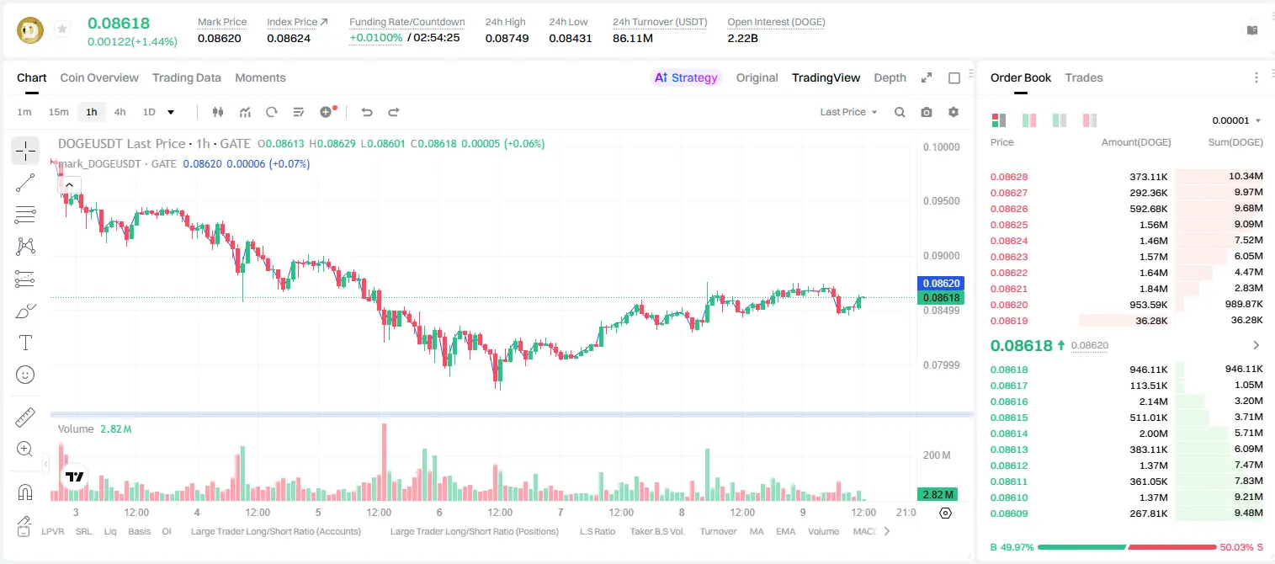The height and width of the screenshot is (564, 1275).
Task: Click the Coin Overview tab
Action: point(99,78)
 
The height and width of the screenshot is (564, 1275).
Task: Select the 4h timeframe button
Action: point(120,112)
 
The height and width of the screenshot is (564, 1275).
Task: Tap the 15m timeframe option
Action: point(59,112)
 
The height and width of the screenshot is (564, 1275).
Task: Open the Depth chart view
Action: point(890,78)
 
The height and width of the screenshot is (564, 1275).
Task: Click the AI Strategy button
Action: point(686,78)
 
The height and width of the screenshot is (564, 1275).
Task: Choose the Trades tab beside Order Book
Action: point(1084,78)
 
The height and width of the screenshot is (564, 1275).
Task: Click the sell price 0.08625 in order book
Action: point(1008,225)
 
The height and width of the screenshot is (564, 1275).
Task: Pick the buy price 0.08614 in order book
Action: point(1008,434)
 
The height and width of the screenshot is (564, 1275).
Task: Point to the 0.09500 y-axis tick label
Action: point(942,201)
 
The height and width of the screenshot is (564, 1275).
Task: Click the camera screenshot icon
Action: point(927,112)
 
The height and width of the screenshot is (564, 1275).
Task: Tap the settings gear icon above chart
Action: point(954,112)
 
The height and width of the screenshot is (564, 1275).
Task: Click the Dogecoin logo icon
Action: point(30,29)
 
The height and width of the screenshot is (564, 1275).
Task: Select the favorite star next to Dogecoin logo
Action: point(62,29)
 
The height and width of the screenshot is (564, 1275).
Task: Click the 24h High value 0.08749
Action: point(507,38)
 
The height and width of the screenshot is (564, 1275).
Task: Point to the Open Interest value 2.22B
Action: point(742,38)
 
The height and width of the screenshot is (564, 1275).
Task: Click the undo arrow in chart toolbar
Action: point(367,112)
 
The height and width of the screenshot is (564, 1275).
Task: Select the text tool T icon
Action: point(25,343)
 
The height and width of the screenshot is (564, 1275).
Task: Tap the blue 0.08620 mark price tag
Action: point(941,284)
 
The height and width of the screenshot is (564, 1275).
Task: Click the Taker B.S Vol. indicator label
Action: point(656,531)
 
